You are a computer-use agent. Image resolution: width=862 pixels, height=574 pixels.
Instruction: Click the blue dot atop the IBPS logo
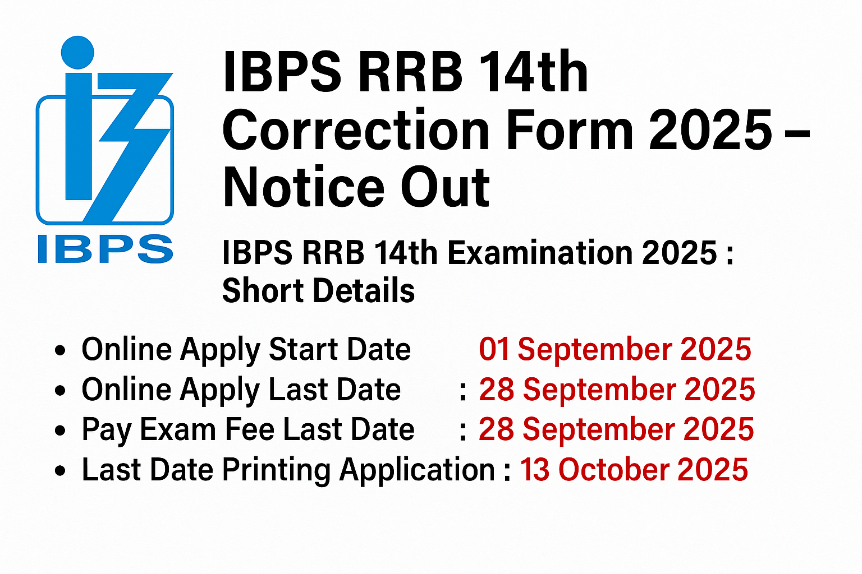tap(77, 52)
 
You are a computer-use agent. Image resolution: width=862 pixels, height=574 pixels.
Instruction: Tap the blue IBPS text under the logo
tap(105, 249)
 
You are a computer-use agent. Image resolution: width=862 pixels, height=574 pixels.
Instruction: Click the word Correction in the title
tap(356, 130)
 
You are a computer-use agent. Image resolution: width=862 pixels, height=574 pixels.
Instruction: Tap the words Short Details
tap(318, 290)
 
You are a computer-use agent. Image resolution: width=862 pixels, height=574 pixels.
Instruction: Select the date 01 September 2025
tap(615, 349)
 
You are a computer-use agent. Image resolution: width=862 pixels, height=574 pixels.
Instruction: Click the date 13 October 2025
tap(634, 470)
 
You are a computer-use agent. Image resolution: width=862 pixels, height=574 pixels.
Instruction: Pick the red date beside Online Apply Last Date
tap(617, 390)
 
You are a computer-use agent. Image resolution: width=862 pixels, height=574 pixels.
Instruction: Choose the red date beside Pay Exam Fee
tap(616, 429)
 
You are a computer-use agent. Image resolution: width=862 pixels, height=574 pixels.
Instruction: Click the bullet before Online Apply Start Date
tap(61, 351)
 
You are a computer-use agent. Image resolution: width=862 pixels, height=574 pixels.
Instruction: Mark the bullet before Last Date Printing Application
tap(61, 471)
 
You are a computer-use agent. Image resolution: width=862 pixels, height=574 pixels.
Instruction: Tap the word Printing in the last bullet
tap(276, 470)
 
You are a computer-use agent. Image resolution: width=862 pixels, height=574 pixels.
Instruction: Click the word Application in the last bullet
tap(417, 470)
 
